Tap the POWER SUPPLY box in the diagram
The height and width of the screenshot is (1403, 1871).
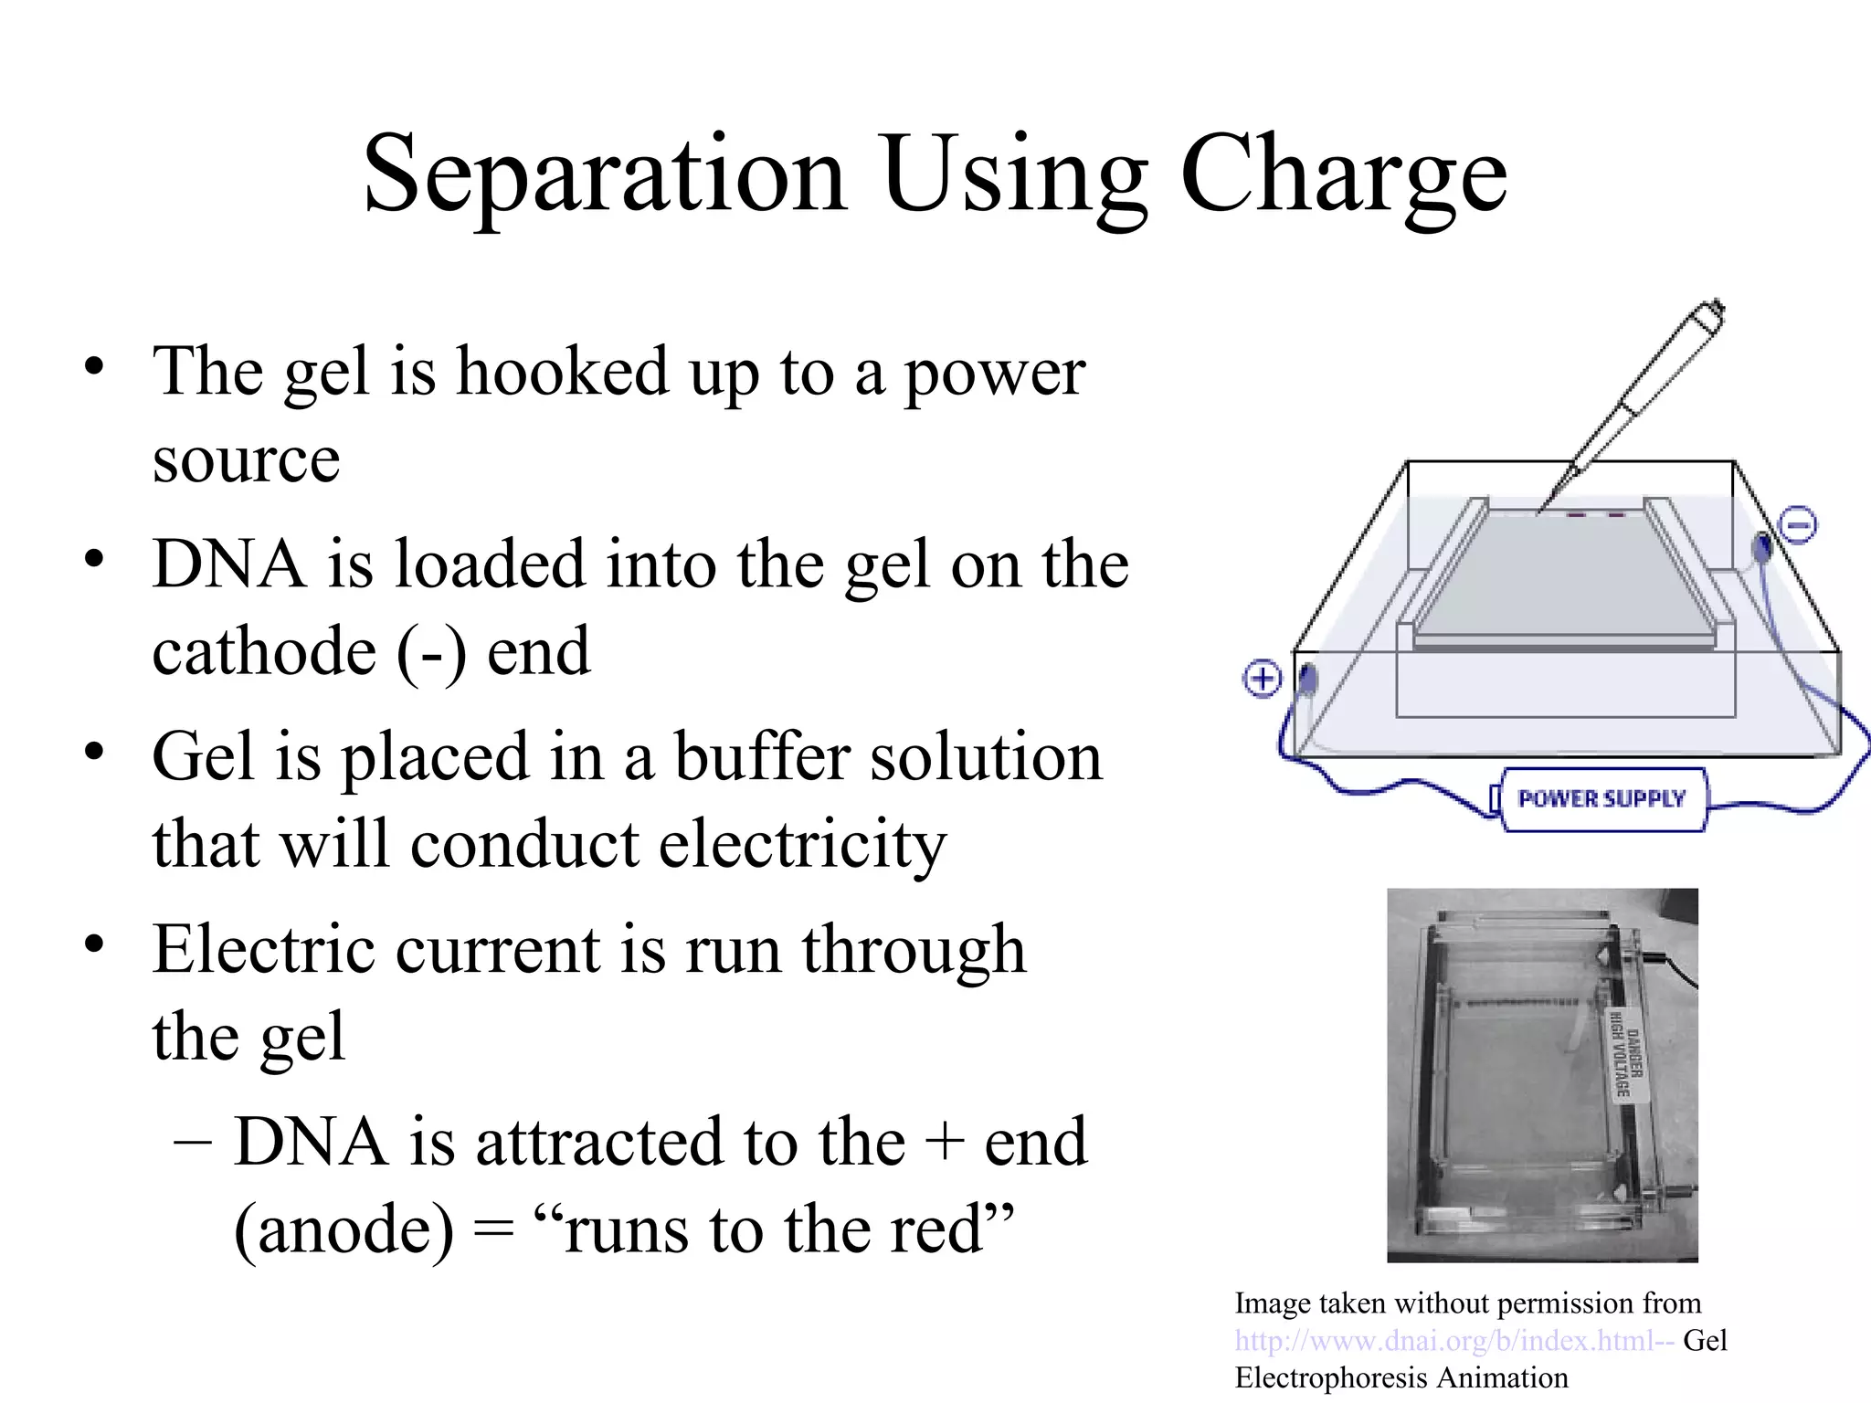pos(1601,799)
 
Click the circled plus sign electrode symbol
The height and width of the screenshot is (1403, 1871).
pos(1263,679)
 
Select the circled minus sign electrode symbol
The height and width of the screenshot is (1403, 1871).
pos(1798,525)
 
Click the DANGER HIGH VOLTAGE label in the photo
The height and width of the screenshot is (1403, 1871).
pos(1625,1055)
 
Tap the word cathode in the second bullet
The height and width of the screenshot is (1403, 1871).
pos(264,652)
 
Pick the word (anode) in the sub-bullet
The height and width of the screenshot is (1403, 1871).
pos(344,1229)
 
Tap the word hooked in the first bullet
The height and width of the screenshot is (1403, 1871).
pos(562,372)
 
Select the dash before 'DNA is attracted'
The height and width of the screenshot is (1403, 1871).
pos(192,1142)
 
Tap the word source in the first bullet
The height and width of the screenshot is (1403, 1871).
pos(246,459)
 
